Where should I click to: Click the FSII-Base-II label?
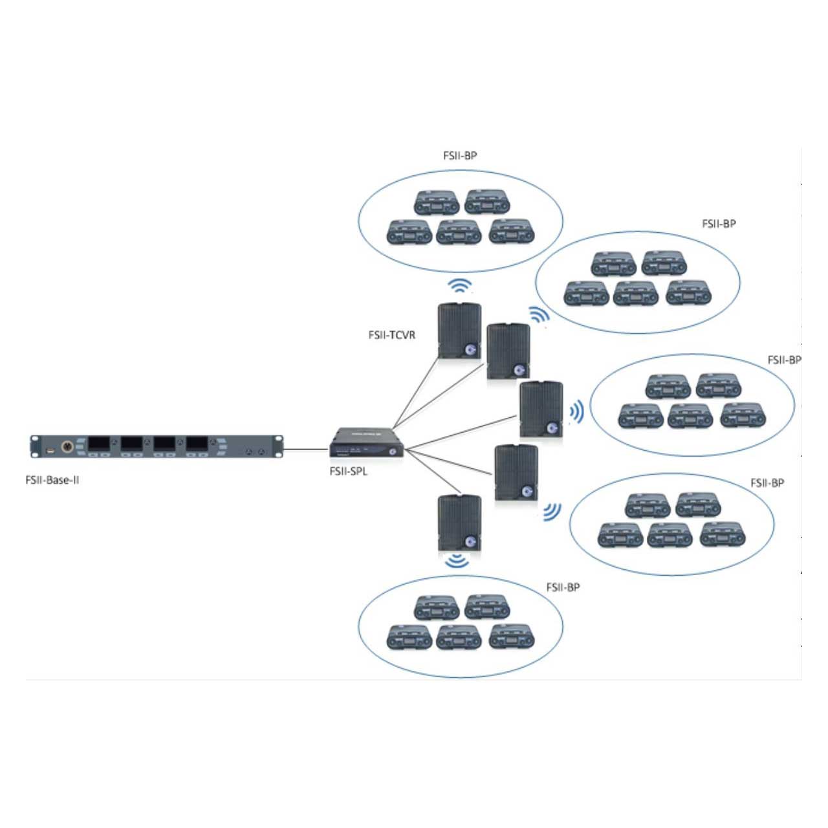[52, 480]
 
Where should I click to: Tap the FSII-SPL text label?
[348, 472]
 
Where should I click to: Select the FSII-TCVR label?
[391, 335]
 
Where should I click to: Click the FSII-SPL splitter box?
[366, 443]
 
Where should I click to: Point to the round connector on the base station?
[67, 446]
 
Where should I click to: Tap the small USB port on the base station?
[50, 448]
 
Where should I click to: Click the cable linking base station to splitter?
[305, 448]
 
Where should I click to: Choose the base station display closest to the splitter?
[197, 444]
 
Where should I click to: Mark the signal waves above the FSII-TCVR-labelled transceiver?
[460, 285]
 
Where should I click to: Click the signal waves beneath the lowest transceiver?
[458, 560]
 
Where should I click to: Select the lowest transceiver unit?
[459, 522]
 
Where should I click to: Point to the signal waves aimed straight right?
[576, 411]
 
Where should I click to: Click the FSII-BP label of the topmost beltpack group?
[460, 156]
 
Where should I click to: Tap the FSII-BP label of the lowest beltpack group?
[563, 587]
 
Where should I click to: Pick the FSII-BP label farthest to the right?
[784, 360]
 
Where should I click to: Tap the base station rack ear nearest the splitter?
[279, 446]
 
